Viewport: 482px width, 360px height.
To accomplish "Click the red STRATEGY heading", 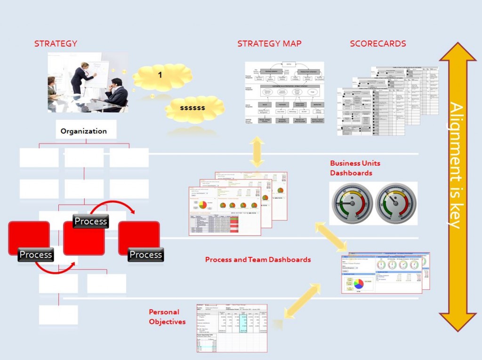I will click(56, 44).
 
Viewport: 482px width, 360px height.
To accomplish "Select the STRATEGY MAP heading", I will click(269, 44).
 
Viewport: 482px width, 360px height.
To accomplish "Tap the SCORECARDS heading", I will click(378, 44).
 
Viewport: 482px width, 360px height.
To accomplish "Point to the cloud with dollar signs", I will click(192, 108).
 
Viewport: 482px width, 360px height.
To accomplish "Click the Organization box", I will click(83, 131).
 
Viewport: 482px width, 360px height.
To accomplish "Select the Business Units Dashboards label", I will click(355, 168).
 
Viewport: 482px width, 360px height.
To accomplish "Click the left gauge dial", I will click(353, 203).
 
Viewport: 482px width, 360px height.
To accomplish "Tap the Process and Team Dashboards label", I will click(258, 259).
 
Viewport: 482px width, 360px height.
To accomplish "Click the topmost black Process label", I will click(91, 221).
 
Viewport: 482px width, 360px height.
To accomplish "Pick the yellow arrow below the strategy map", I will click(257, 152).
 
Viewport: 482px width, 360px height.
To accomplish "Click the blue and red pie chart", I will click(359, 284).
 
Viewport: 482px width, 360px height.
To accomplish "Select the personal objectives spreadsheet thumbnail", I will click(232, 328).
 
